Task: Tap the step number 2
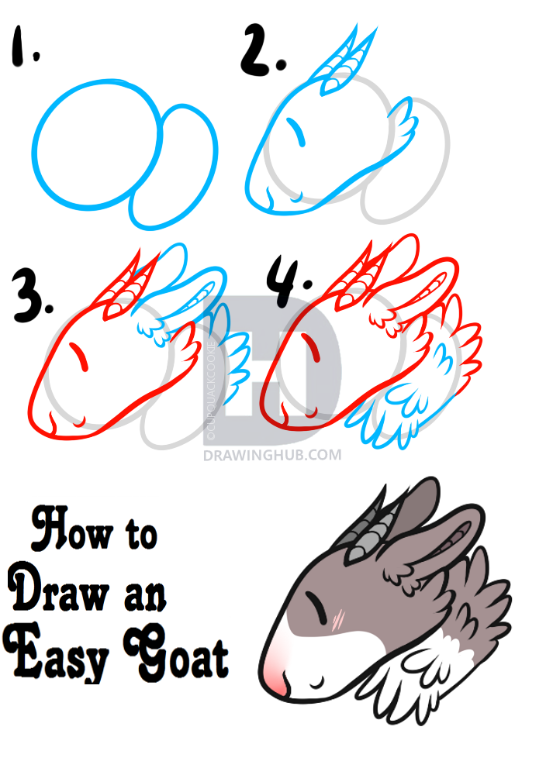point(261,51)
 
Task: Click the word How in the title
point(62,534)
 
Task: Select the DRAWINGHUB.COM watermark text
point(271,455)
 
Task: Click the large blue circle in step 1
point(93,143)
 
